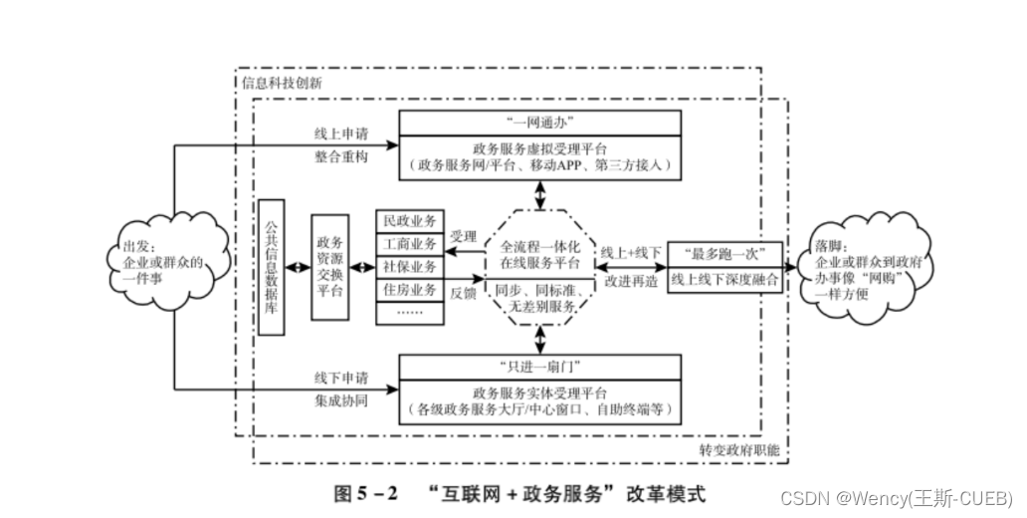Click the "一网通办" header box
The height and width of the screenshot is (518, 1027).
pyautogui.click(x=540, y=123)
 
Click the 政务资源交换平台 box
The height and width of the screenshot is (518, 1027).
pyautogui.click(x=329, y=267)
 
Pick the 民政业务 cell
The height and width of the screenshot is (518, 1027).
pyautogui.click(x=409, y=220)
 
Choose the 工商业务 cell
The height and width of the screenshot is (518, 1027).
pyautogui.click(x=409, y=243)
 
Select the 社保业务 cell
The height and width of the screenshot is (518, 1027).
pyautogui.click(x=409, y=266)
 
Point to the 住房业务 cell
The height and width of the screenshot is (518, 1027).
pyautogui.click(x=409, y=289)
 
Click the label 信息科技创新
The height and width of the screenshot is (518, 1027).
pyautogui.click(x=282, y=83)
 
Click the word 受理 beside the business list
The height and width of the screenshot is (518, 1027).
pyautogui.click(x=463, y=237)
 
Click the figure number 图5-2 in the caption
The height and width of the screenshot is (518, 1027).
pyautogui.click(x=365, y=493)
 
